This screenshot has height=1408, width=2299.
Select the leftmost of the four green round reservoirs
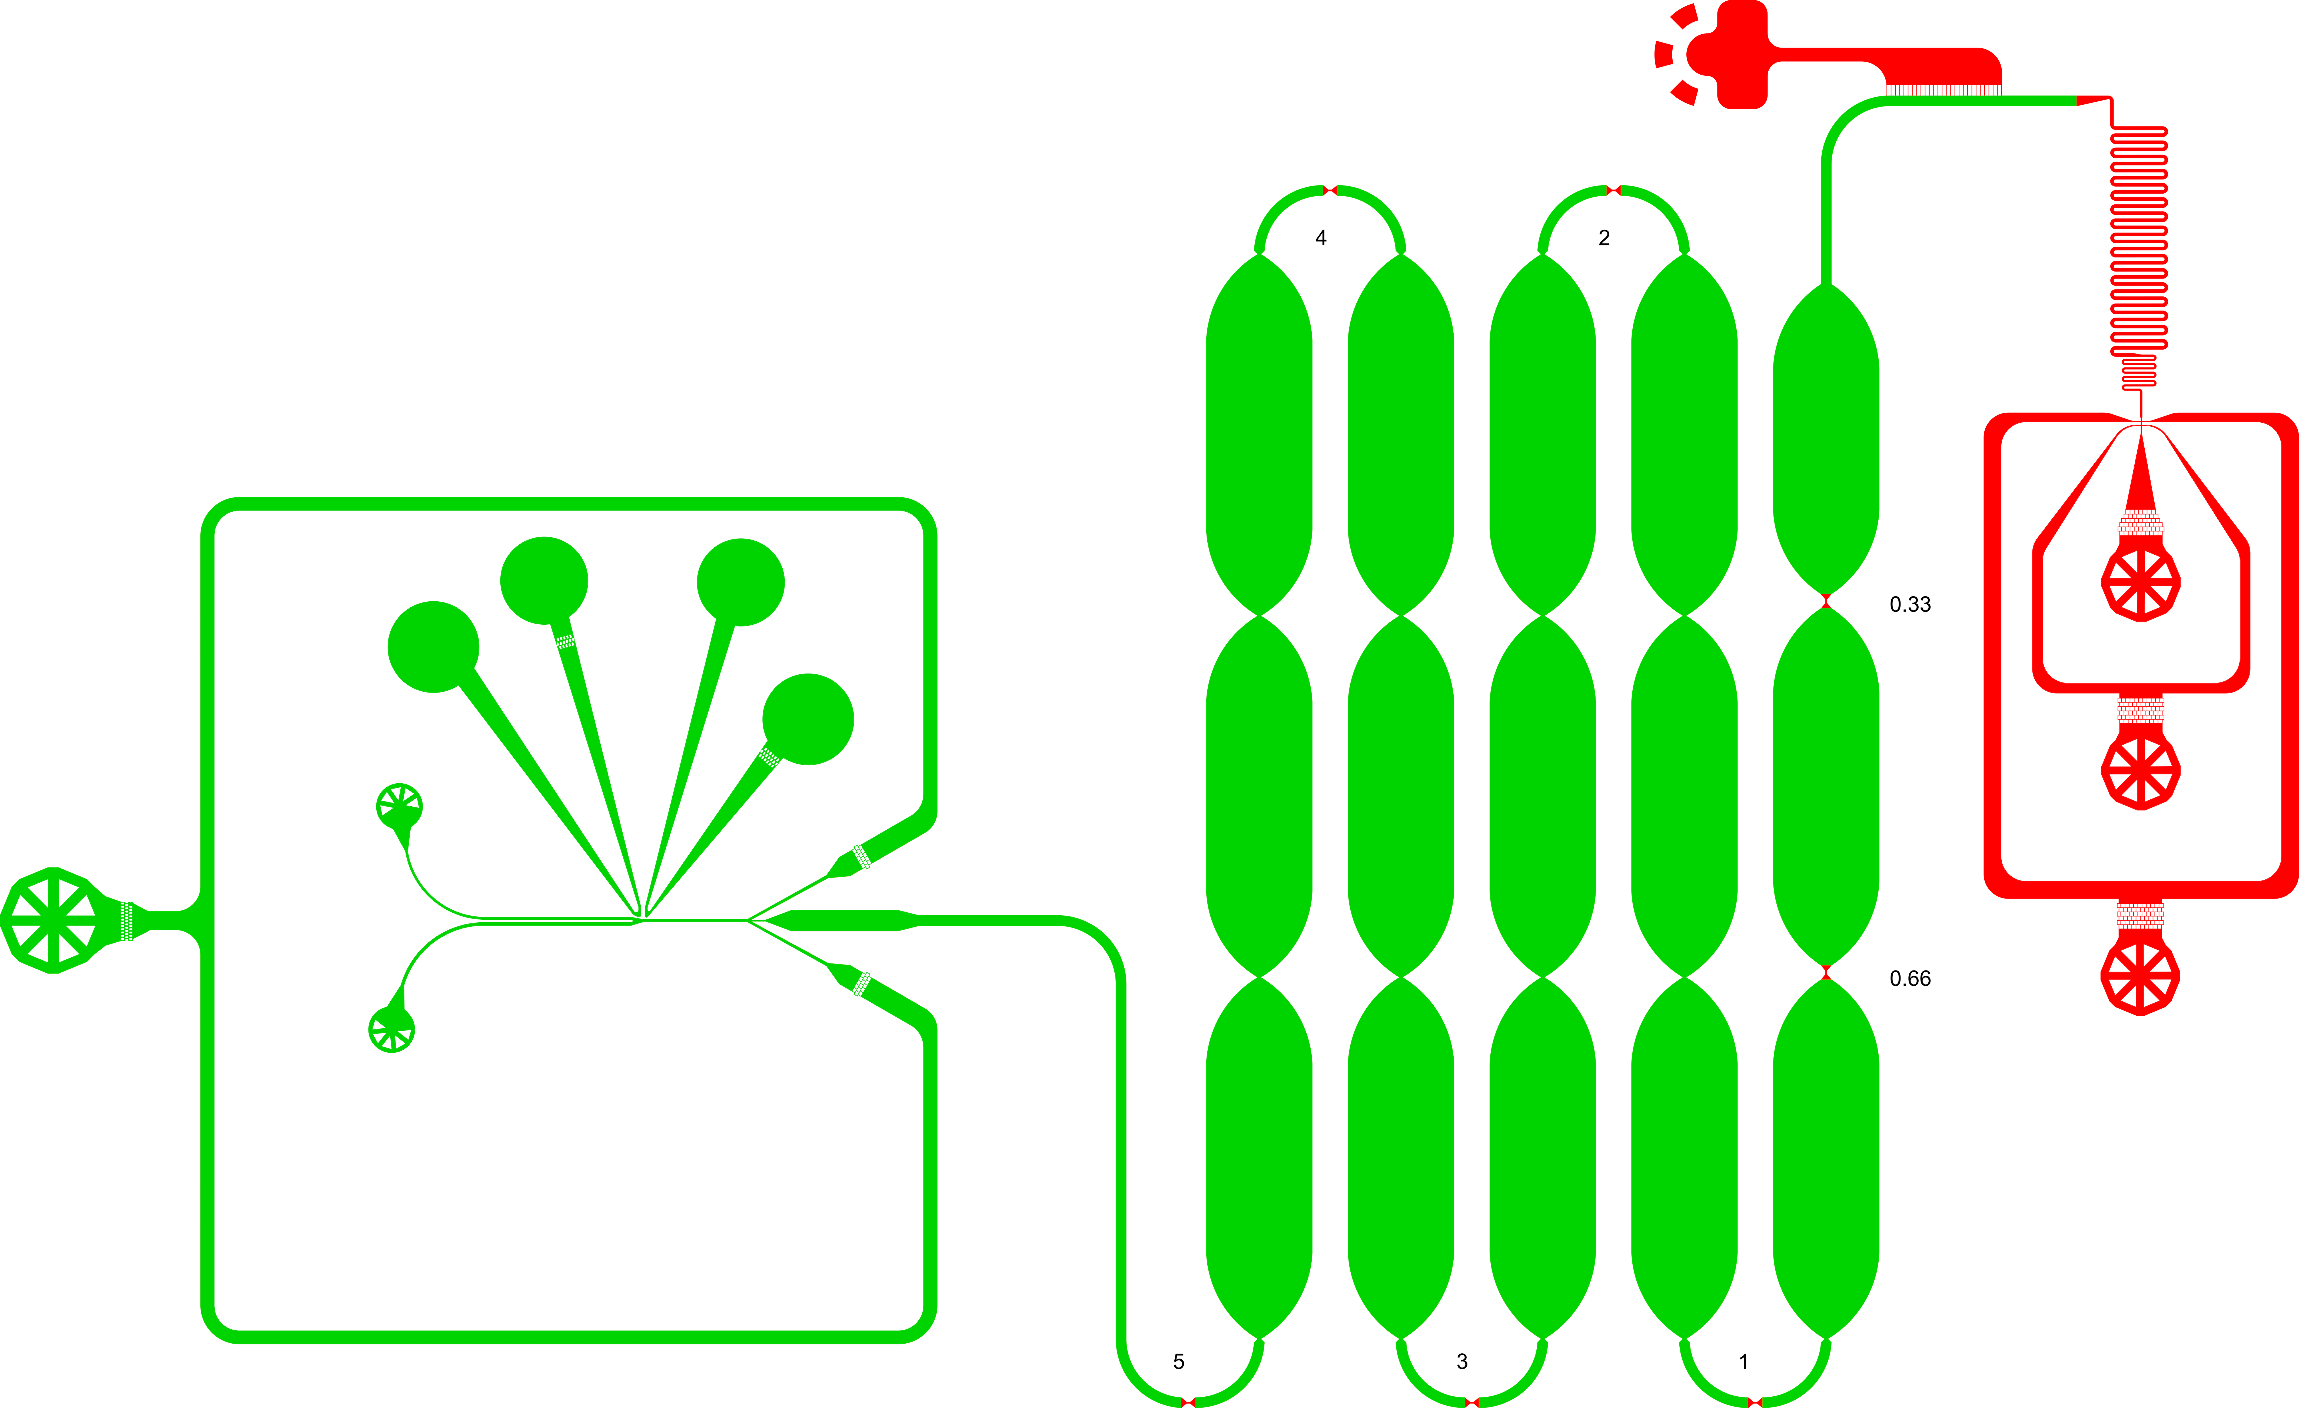pyautogui.click(x=433, y=647)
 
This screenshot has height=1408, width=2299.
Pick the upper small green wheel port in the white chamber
pyautogui.click(x=399, y=805)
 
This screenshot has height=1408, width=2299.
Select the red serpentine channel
pyautogui.click(x=2138, y=252)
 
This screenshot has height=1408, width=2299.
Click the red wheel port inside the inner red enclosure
pyautogui.click(x=2140, y=582)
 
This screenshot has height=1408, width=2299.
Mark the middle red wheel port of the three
pyautogui.click(x=2140, y=770)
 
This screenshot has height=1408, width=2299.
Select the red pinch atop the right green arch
pyautogui.click(x=1613, y=190)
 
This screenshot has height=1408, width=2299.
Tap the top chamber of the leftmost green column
pyautogui.click(x=1260, y=434)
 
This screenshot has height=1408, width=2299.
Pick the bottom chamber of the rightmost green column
pyautogui.click(x=1826, y=1157)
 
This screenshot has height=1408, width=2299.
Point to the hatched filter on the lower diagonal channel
pyautogui.click(x=861, y=984)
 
